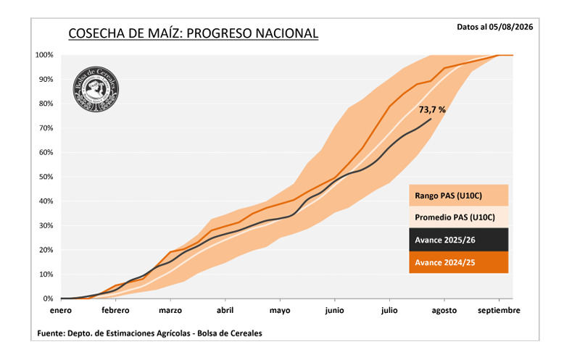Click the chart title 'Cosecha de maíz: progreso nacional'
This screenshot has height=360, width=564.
193,33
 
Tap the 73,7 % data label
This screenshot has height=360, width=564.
432,109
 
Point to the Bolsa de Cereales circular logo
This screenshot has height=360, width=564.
96,89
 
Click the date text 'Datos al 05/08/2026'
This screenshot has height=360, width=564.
494,27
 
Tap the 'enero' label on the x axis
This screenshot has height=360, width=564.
61,310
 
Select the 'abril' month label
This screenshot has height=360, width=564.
225,310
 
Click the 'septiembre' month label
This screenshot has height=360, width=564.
499,311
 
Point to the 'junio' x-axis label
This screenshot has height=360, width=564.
334,311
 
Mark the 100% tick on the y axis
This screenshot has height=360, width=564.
44,55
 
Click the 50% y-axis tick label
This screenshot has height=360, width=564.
46,177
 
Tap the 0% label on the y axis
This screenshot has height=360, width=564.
48,298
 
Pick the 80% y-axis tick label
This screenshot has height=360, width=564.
46,104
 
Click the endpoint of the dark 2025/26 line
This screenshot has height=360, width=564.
431,119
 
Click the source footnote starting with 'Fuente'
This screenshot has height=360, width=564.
149,333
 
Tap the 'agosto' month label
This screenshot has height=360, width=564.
444,311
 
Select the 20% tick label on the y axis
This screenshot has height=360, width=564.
46,250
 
